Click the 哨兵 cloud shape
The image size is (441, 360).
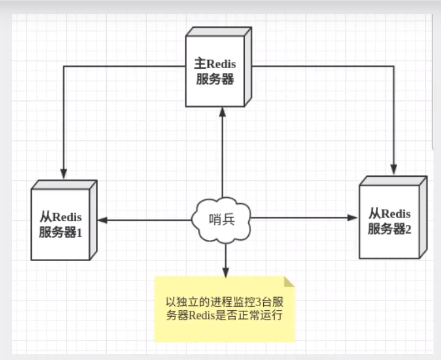pos(222,219)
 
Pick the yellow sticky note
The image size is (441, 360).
pos(225,309)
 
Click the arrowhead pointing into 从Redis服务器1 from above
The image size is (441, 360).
pos(64,173)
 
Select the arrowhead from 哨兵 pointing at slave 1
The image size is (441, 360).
pos(102,220)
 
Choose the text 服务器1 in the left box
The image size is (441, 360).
pos(62,233)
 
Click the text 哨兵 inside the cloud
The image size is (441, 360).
pos(222,219)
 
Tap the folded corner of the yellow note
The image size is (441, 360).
pos(288,283)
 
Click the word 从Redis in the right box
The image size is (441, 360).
pos(390,213)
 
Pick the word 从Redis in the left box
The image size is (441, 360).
pos(61,218)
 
